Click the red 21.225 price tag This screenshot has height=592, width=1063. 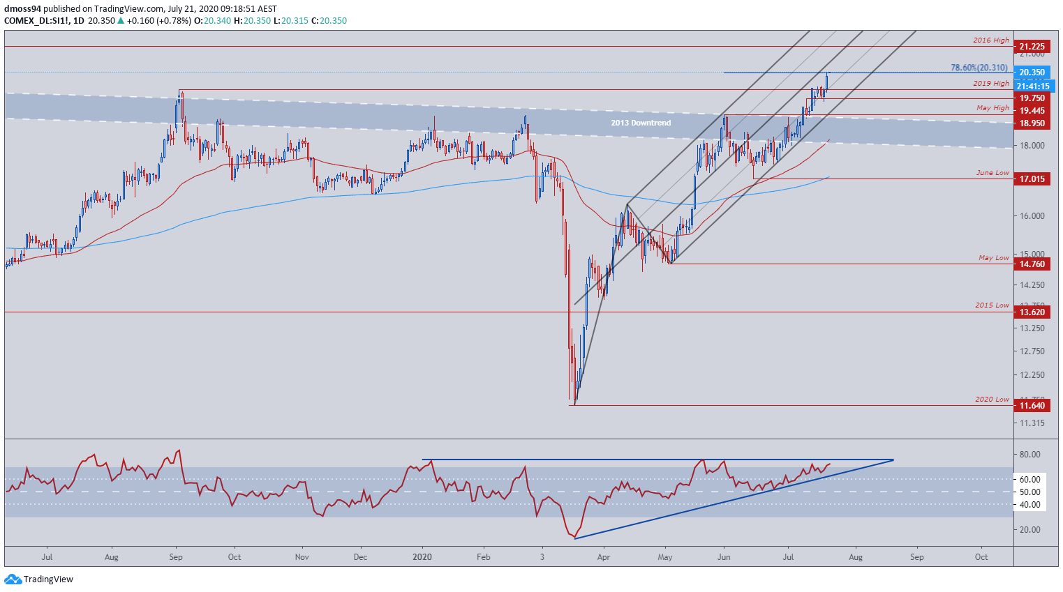[x=1032, y=47]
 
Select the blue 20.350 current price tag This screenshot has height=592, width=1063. [x=1032, y=73]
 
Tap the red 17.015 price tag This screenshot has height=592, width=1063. [x=1032, y=179]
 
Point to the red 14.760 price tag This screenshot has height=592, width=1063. [x=1032, y=264]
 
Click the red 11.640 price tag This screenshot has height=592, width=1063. [x=1032, y=406]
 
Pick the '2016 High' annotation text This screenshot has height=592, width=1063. [x=991, y=40]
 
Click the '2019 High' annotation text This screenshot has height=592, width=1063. [x=991, y=84]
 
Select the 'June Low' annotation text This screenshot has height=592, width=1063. [x=993, y=173]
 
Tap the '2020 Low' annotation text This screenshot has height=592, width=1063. [x=992, y=400]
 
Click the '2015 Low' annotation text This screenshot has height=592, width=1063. [x=992, y=305]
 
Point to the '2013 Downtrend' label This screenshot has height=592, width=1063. [x=641, y=123]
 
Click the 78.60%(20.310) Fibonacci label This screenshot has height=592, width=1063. [x=979, y=68]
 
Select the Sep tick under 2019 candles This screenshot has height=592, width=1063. [x=176, y=557]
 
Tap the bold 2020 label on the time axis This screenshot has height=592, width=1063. [x=422, y=557]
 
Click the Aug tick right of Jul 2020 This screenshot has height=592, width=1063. [x=856, y=557]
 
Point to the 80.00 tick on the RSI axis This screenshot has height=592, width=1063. [x=1030, y=455]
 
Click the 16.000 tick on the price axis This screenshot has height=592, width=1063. [x=1031, y=216]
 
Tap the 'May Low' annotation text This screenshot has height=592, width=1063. [x=994, y=258]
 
